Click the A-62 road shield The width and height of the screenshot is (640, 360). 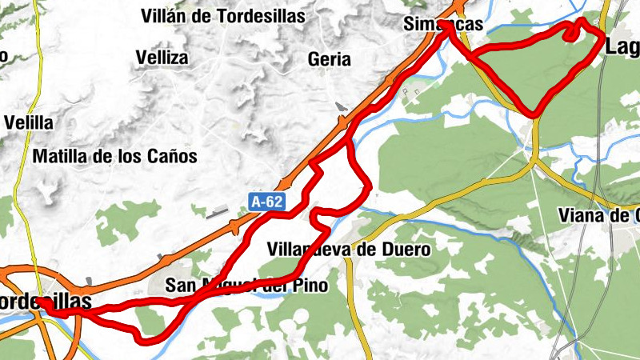(267, 202)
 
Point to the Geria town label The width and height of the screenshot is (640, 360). (330, 58)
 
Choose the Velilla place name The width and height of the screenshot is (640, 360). (29, 123)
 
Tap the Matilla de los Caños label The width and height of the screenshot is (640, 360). (114, 157)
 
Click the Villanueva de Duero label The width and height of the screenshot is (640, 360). (350, 250)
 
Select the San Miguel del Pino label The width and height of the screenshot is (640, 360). (246, 286)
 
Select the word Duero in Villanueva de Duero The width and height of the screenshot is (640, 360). (409, 250)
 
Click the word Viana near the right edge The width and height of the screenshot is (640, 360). (582, 215)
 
